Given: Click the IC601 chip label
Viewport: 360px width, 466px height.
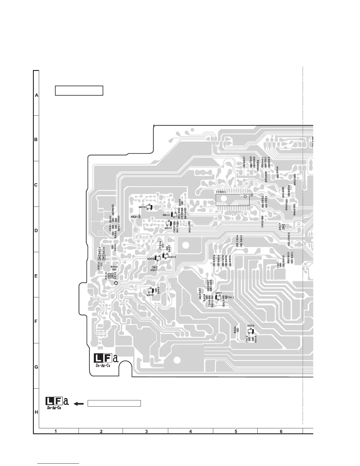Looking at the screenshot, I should [221, 192].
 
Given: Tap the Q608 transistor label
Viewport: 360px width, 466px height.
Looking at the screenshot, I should [142, 207].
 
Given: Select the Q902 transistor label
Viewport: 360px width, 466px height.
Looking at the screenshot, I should [251, 326].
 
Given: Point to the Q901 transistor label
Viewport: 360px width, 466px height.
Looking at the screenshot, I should [219, 293].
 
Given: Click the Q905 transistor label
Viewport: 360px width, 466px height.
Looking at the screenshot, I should [150, 295].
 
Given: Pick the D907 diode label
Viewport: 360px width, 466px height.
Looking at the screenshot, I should [154, 270].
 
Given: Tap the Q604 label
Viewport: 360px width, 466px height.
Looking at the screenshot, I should [166, 215].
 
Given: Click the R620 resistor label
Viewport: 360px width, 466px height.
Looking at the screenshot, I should [134, 217].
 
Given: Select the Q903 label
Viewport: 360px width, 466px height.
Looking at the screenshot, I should [172, 257].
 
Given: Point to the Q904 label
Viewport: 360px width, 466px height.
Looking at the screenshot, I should [151, 259].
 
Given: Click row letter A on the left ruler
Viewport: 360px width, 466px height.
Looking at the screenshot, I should [36, 95].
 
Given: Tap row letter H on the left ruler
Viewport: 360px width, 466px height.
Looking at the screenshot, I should [36, 412].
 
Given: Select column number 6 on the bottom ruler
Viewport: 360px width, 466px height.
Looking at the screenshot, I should [281, 432].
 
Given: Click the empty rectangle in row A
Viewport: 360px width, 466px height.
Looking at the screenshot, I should [79, 91].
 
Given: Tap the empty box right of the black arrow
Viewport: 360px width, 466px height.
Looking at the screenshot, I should [114, 403].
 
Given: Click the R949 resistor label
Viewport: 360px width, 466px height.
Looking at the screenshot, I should [114, 267].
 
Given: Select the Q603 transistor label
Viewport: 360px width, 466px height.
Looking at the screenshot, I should [168, 228].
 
